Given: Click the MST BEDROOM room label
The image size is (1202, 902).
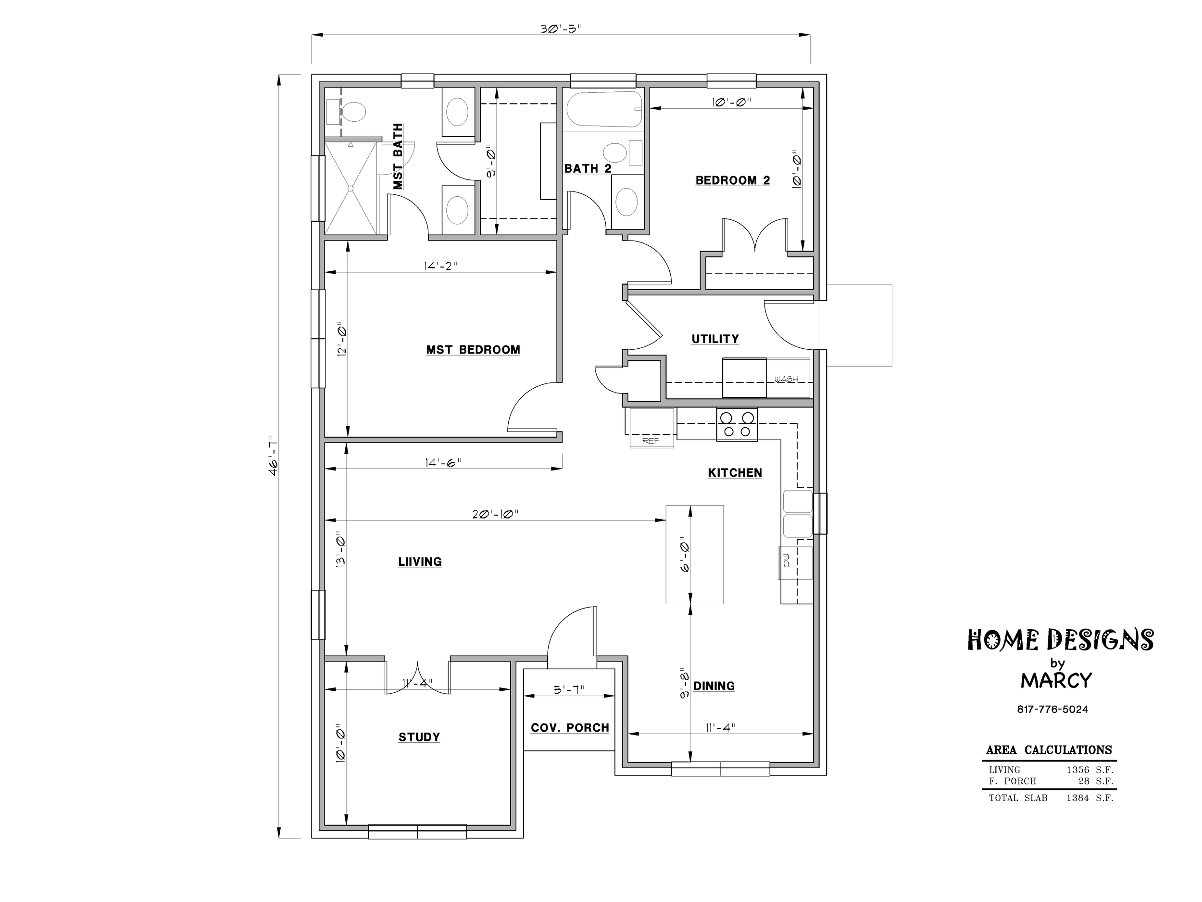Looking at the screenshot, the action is coord(473,350).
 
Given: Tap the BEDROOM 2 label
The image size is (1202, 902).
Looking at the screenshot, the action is coord(733,180).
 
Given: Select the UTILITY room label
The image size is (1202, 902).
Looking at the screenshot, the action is coord(715,339).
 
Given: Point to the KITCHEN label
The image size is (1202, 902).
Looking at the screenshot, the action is coord(735,472).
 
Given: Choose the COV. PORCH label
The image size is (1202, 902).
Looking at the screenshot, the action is coord(569,727).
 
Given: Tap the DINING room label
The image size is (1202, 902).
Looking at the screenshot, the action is coord(714,686).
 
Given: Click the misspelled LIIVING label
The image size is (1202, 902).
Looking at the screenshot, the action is coord(420,561).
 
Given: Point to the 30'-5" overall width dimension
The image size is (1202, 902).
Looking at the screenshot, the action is coord(561,29).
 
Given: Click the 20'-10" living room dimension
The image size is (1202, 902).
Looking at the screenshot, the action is coord(495,514).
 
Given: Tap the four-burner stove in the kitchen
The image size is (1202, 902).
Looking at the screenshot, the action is coord(737,424).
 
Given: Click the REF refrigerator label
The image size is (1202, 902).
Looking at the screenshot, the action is coord(651,441).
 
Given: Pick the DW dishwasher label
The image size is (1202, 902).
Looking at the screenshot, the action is coord(786,563).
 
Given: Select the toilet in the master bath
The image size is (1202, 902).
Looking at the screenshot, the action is coord(353,113).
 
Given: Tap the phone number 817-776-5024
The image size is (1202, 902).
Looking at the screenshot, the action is coord(1052,710).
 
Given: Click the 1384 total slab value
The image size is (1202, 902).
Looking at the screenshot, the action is coord(1077,798).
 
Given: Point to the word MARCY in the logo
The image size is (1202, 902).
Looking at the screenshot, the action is coord(1056,681).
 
